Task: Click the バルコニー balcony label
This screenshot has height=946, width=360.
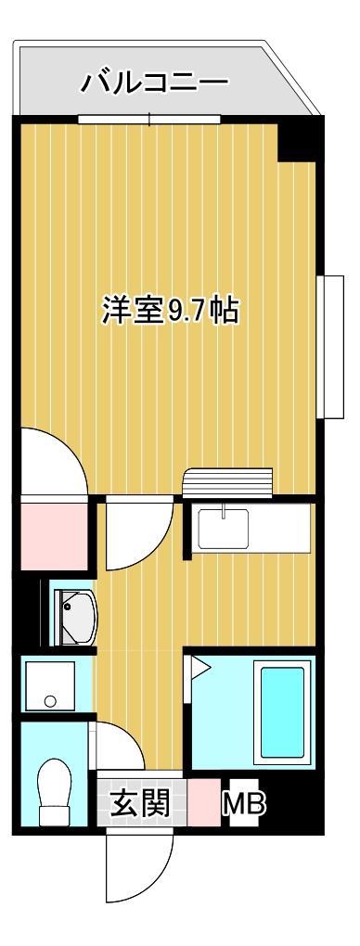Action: (x=154, y=83)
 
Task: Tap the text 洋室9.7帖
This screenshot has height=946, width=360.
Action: (x=170, y=310)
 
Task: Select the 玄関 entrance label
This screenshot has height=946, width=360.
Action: (x=140, y=803)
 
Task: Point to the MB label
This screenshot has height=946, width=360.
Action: (x=243, y=804)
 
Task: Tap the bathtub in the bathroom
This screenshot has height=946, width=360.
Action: (x=282, y=710)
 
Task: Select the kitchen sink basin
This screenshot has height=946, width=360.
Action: (x=222, y=528)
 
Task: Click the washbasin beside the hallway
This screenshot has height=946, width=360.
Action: (x=76, y=612)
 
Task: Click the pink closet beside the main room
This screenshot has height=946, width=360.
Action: (x=52, y=535)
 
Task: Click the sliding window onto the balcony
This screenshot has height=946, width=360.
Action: (x=149, y=119)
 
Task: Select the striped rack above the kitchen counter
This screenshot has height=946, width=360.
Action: (x=228, y=484)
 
